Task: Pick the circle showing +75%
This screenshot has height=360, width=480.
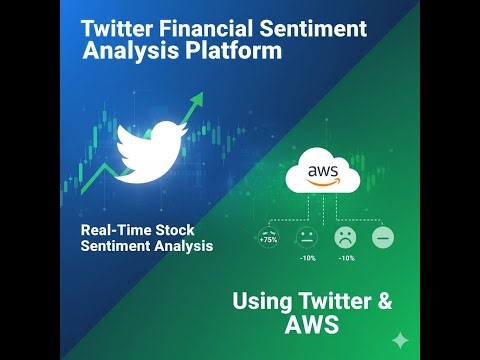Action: point(268,237)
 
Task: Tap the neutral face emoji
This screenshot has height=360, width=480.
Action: point(305,237)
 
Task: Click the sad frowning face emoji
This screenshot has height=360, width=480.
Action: point(345,237)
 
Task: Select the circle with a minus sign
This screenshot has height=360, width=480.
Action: point(382,237)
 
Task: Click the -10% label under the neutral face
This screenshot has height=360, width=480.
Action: point(307,259)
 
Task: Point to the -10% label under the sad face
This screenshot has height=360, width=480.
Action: point(346,259)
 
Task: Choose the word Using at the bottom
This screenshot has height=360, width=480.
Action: point(262,301)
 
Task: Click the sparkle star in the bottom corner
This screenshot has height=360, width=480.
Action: point(401,339)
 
